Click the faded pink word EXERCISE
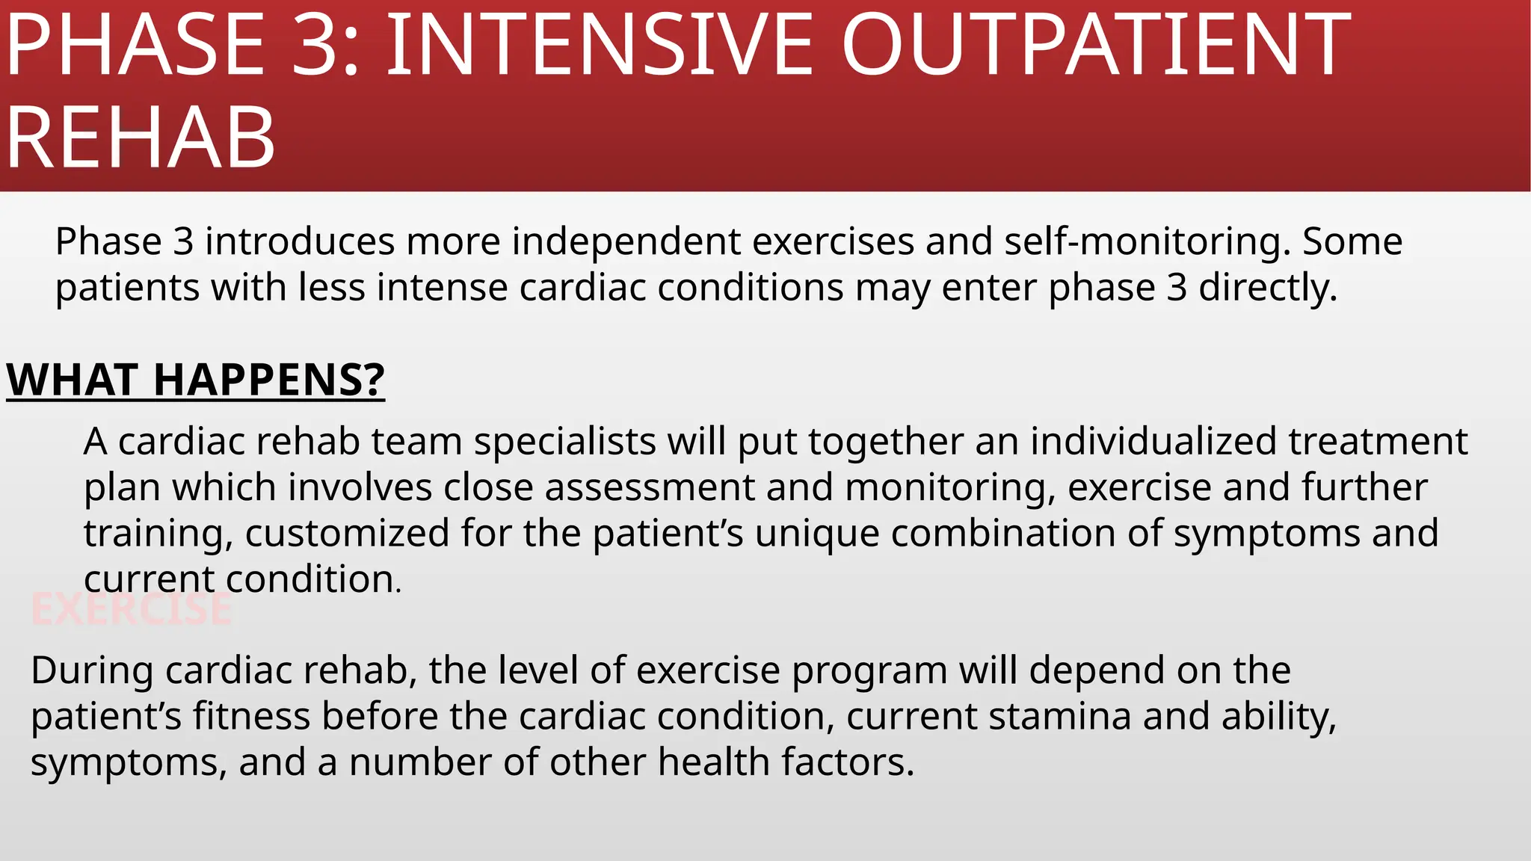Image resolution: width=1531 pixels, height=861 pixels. point(132,609)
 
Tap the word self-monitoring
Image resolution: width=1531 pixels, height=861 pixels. point(1147,241)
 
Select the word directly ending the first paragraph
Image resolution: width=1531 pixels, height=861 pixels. point(1267,288)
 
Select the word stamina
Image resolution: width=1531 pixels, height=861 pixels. point(1059,716)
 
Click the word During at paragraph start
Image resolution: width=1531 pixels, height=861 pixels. point(92,670)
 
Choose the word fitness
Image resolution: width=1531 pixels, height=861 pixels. point(251,716)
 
